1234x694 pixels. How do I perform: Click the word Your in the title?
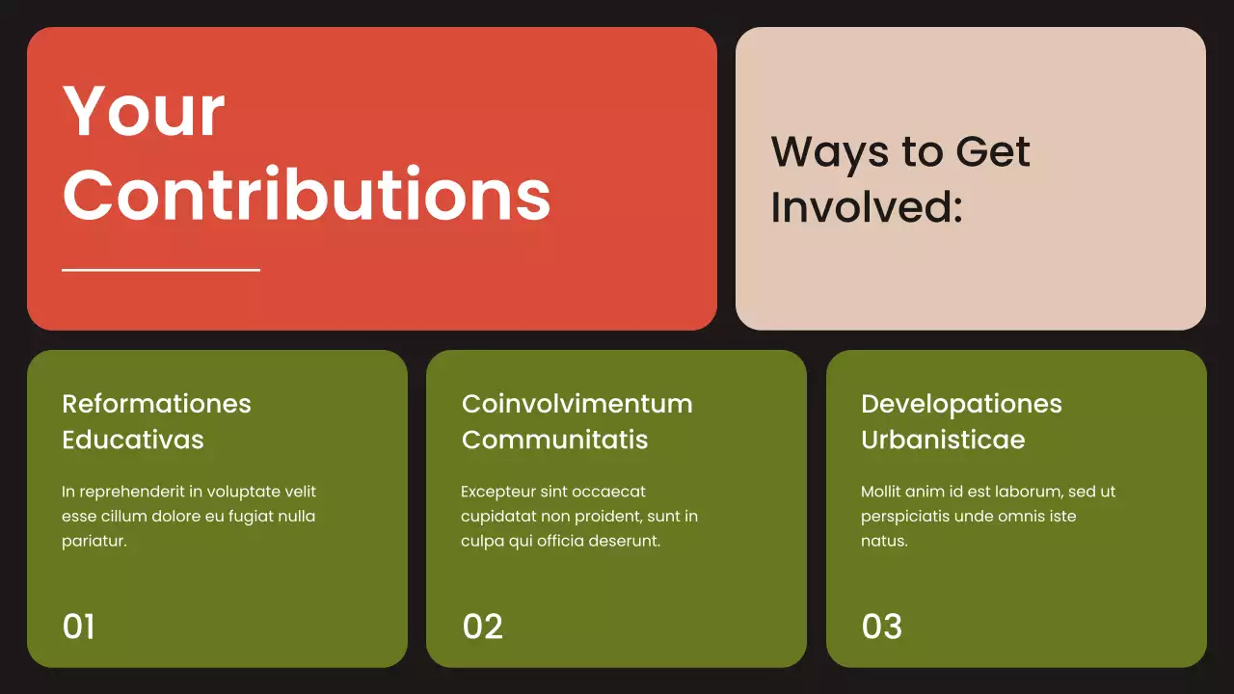(144, 111)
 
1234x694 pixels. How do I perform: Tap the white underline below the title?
(161, 270)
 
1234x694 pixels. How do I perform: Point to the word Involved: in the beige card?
(867, 206)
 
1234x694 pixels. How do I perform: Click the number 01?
(78, 627)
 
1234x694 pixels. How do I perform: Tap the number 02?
(482, 627)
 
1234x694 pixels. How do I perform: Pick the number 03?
(881, 627)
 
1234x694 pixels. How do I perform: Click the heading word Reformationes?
(156, 404)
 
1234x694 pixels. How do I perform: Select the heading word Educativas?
(133, 440)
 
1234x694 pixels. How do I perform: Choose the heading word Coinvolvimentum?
(577, 404)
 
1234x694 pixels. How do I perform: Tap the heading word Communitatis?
(554, 440)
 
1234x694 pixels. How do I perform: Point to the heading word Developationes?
(961, 404)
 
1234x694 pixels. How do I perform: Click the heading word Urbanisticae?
(943, 440)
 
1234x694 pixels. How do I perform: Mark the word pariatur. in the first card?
(94, 542)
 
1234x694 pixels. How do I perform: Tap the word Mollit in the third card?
(881, 492)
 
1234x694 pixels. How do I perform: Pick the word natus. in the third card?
(884, 542)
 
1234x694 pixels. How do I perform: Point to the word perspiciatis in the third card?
(909, 517)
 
